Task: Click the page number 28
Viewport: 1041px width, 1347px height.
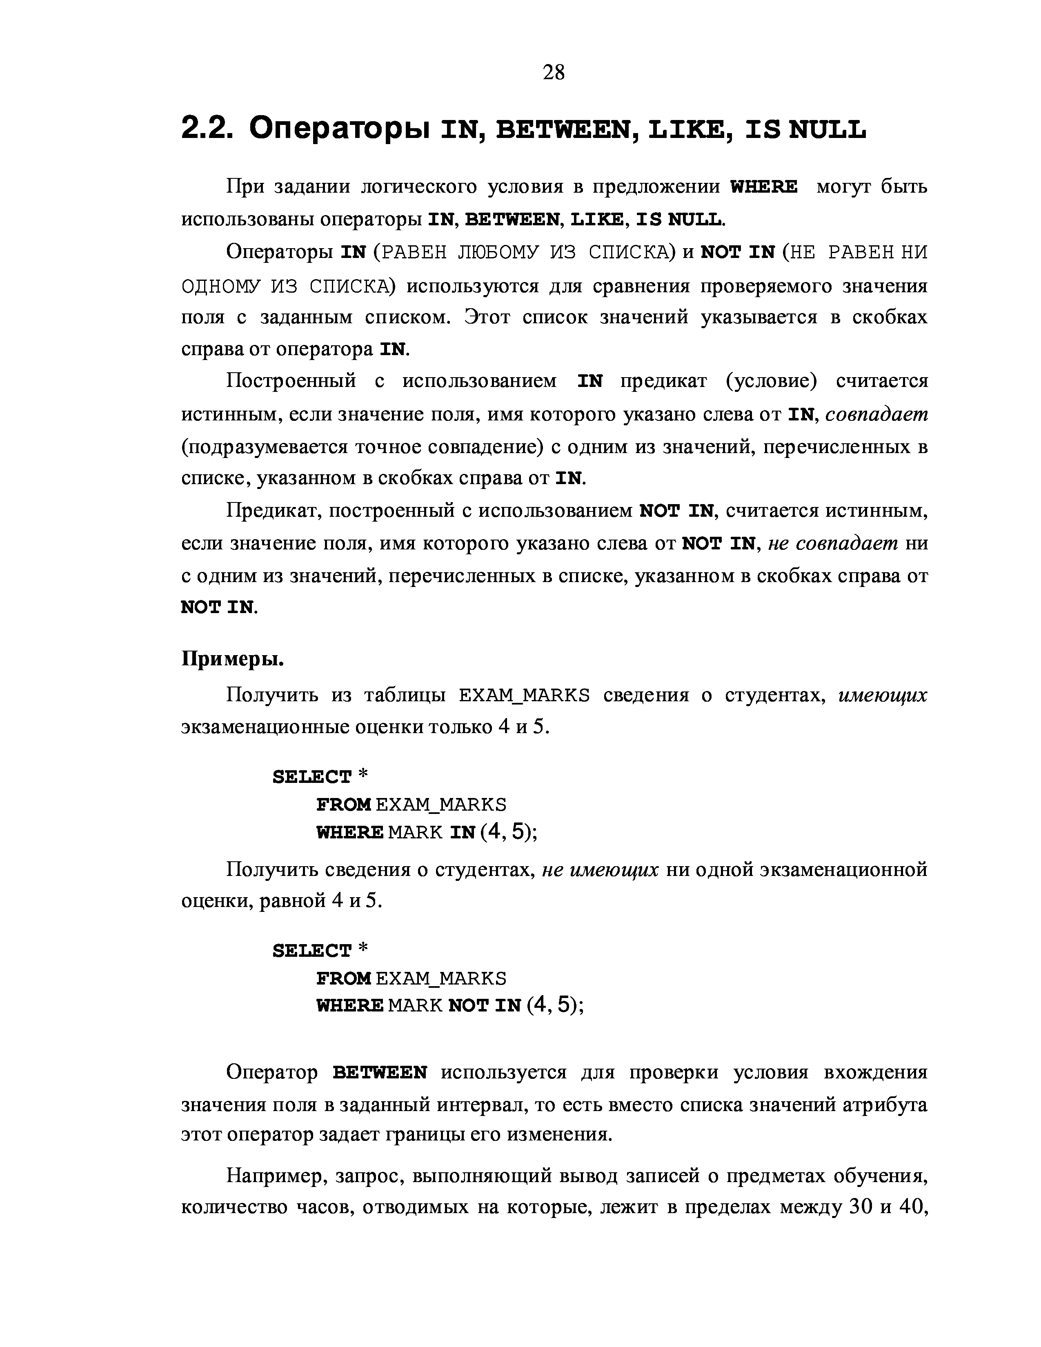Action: point(553,73)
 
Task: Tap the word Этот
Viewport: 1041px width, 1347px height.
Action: point(487,317)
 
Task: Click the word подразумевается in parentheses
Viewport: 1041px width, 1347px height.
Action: point(265,447)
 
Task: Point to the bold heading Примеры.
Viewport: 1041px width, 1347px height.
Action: point(233,659)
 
